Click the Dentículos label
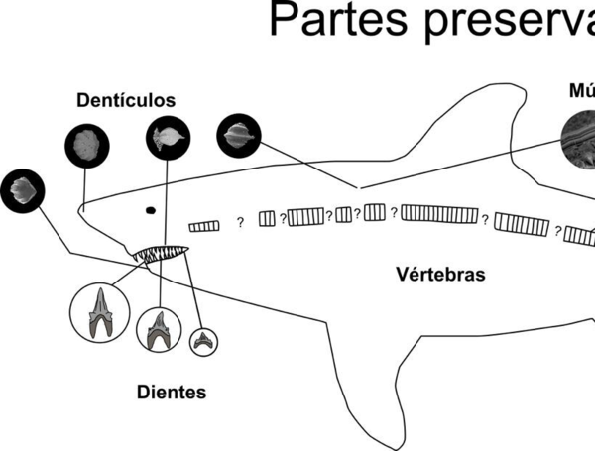[x=126, y=101]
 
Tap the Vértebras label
[x=440, y=274]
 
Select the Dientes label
[x=172, y=393]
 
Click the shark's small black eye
[x=151, y=209]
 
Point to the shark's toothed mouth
[x=161, y=256]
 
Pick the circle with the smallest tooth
[x=204, y=341]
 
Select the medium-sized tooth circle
[x=157, y=330]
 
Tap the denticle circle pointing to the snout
[x=84, y=147]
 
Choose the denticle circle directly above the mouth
[x=166, y=137]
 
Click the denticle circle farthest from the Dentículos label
[x=21, y=188]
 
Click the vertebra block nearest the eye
[x=203, y=226]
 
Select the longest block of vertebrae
[x=440, y=214]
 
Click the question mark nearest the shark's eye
[x=239, y=223]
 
